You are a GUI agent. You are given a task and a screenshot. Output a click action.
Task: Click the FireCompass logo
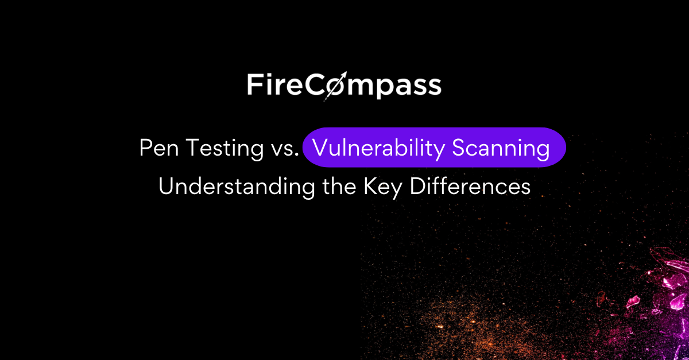(x=344, y=85)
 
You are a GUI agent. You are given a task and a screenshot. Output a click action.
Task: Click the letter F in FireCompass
(x=254, y=84)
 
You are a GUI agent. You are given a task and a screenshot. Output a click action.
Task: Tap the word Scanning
(x=501, y=149)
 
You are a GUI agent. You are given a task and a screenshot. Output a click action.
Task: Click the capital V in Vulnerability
(x=319, y=149)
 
